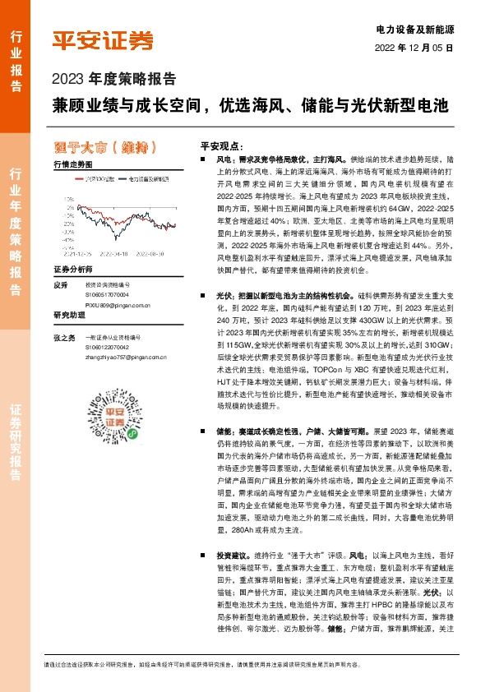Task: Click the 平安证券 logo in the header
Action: coord(103,40)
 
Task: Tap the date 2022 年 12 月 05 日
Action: coord(414,48)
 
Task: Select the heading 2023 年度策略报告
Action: coord(114,81)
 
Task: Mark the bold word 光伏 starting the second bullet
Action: coord(222,294)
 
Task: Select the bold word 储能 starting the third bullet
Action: coord(222,430)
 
